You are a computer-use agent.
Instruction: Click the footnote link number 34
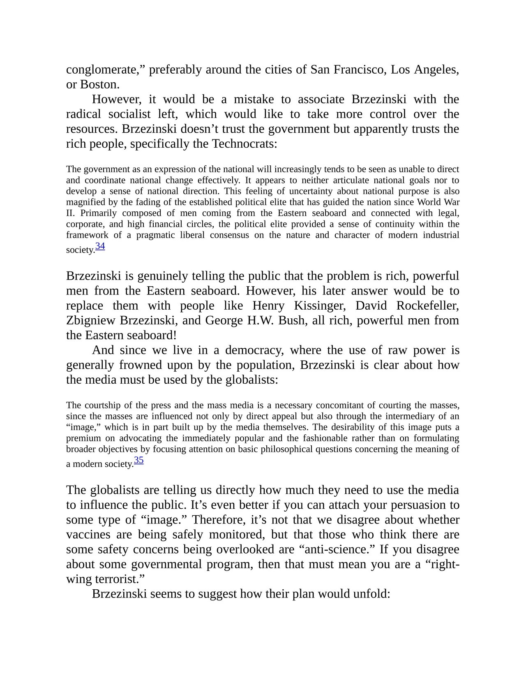[100, 246]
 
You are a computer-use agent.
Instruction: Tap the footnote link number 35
[139, 460]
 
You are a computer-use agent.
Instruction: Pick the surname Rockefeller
[427, 306]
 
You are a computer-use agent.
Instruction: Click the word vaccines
[88, 535]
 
